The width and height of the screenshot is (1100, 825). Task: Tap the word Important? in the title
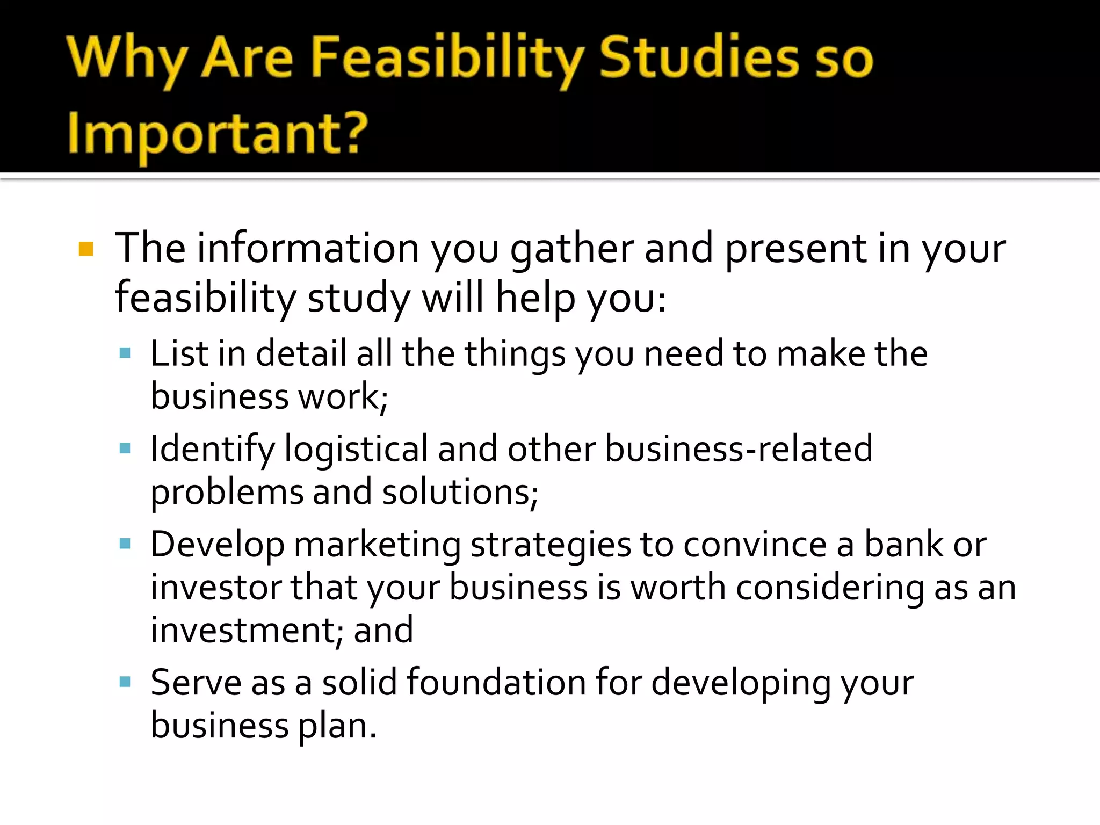point(218,134)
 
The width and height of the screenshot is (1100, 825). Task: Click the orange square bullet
point(86,249)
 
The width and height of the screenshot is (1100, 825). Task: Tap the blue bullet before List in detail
point(125,353)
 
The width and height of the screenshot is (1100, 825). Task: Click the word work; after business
point(343,397)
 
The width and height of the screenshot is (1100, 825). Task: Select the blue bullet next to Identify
point(125,448)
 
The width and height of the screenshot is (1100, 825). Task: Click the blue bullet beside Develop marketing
point(125,544)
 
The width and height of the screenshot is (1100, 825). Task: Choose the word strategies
point(551,546)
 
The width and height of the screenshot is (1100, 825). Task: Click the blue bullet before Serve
point(125,682)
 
